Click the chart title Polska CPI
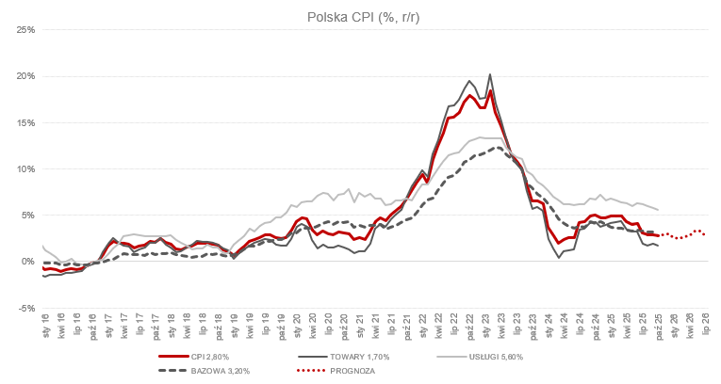point(360,17)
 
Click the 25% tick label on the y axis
point(25,30)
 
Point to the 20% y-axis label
point(25,76)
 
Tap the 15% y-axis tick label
point(25,122)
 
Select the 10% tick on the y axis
point(25,168)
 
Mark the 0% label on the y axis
point(28,261)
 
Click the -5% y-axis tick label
point(26,307)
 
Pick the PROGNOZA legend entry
point(353,371)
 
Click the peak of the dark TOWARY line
point(490,74)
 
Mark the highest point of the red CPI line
point(490,90)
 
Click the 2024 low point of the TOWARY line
point(559,257)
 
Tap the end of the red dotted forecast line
point(703,234)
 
